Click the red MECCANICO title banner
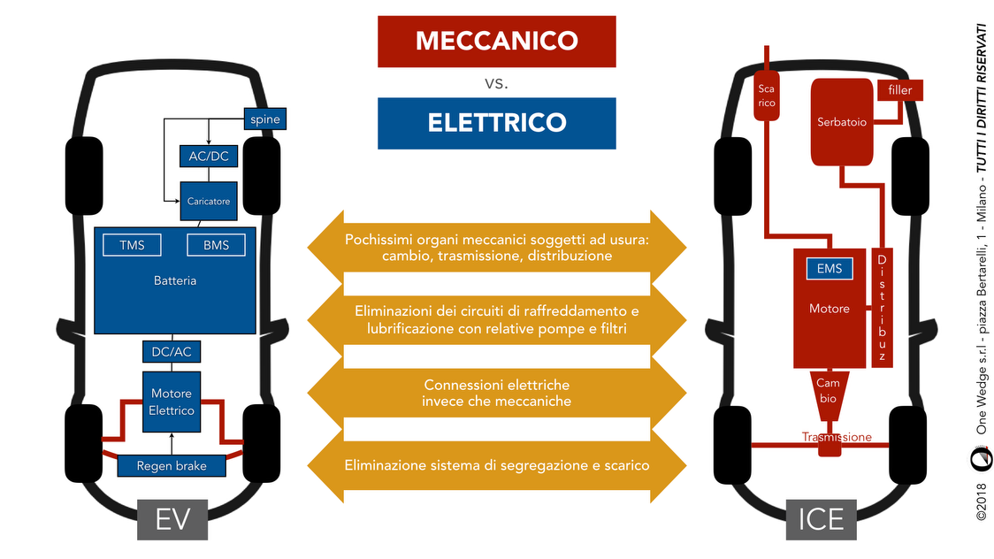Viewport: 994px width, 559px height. click(496, 41)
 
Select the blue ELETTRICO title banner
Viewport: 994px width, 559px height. click(496, 122)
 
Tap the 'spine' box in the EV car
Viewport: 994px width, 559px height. click(265, 119)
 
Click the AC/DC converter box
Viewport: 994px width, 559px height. click(208, 157)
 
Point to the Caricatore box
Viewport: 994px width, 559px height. click(208, 202)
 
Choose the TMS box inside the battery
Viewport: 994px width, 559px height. click(132, 245)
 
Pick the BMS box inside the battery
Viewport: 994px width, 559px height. click(216, 245)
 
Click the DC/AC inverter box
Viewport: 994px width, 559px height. click(172, 351)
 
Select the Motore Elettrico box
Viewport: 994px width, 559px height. click(172, 402)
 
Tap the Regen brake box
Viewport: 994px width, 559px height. click(171, 465)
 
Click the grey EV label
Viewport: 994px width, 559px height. click(172, 518)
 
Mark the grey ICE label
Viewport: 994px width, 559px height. click(821, 518)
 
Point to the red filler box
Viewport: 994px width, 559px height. click(899, 89)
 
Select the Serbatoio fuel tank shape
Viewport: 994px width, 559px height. click(842, 122)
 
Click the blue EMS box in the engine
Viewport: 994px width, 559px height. click(830, 269)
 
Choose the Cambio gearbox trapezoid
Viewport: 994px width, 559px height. click(829, 390)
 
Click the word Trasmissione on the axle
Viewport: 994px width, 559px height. click(837, 437)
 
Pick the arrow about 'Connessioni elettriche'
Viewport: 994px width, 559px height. click(496, 394)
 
